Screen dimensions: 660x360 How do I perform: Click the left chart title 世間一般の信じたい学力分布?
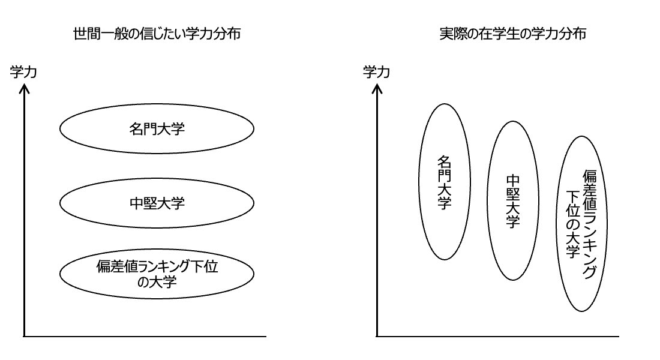pos(157,34)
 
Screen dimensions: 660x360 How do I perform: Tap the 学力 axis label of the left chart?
pos(24,73)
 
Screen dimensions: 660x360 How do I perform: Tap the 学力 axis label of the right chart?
pos(377,73)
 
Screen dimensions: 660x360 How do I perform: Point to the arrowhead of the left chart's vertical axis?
pos(24,88)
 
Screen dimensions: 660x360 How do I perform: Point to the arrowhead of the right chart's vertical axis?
pos(377,88)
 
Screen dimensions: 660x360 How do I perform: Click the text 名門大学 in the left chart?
pos(157,128)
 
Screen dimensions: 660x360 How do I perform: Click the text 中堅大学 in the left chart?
pos(157,203)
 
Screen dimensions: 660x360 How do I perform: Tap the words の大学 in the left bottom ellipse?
pos(157,281)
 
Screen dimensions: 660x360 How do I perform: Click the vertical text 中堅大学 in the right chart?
pos(512,202)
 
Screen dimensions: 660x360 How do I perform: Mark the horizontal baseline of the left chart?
pos(144,337)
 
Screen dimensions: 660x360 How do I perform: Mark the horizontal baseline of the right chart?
pos(498,337)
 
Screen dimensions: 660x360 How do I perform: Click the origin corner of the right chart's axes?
pos(377,337)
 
